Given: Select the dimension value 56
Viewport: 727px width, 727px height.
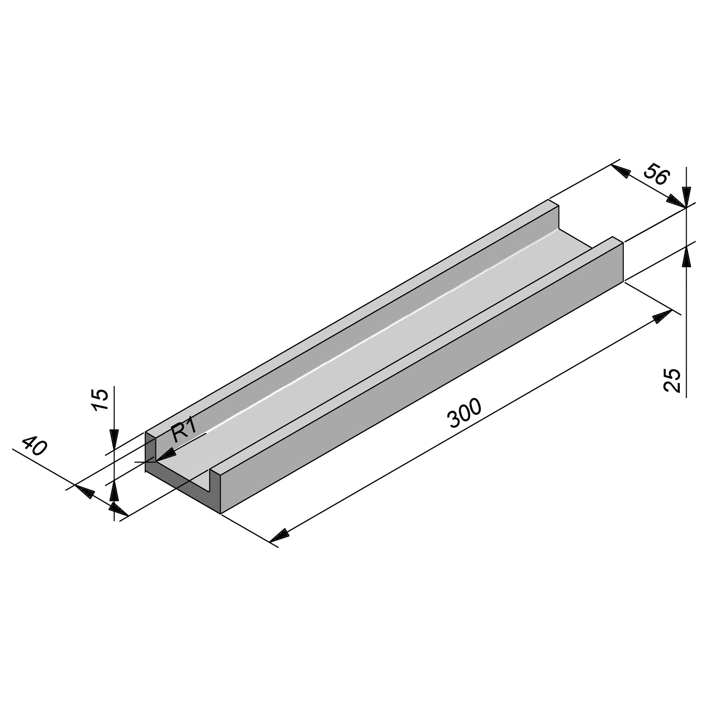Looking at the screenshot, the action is click(657, 175).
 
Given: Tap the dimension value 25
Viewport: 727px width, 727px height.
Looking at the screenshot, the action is click(672, 381).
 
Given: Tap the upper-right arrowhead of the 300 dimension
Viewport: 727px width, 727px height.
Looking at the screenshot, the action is click(663, 316).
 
